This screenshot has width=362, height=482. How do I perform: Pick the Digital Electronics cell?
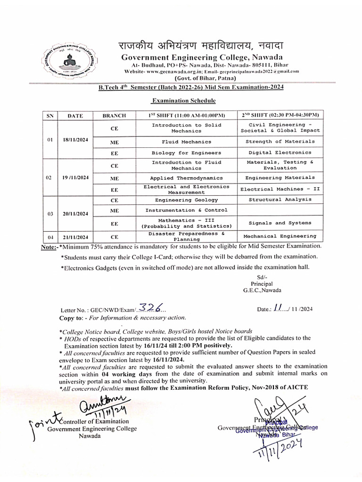click(x=280, y=153)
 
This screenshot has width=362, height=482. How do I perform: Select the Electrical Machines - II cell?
click(x=280, y=189)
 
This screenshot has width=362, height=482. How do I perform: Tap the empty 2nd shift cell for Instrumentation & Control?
click(x=280, y=210)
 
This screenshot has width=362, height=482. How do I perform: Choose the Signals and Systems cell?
click(x=280, y=223)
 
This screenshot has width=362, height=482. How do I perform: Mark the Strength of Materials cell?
click(x=280, y=142)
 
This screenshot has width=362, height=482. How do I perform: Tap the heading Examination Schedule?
click(x=183, y=101)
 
